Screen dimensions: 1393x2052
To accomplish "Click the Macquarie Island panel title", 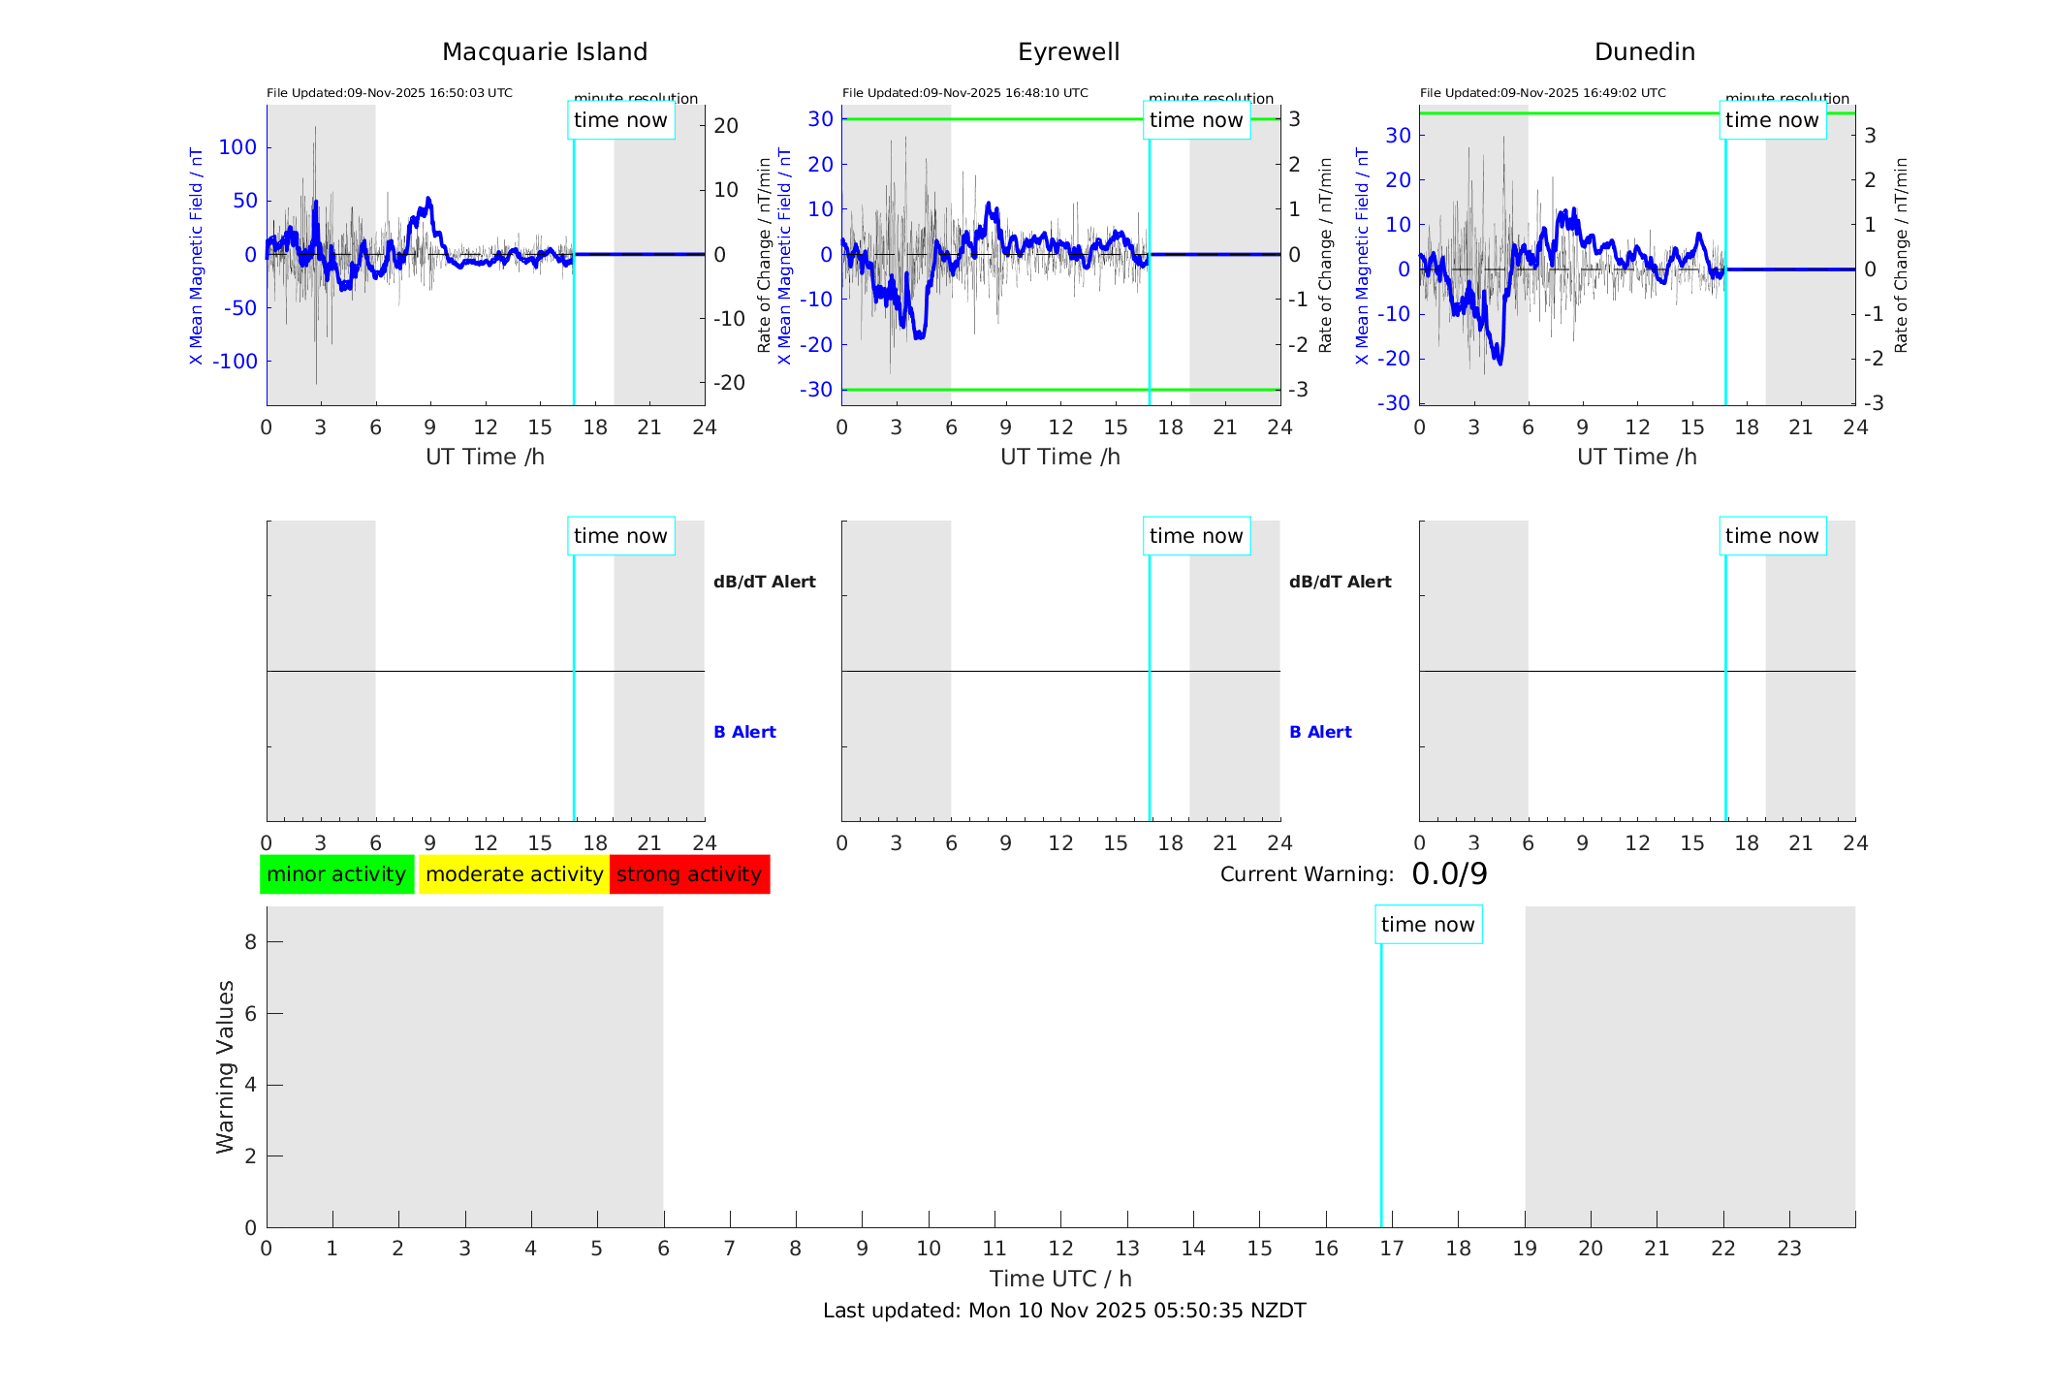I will click(544, 52).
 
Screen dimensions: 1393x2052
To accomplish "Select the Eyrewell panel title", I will click(1068, 52).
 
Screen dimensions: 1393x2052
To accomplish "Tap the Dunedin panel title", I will click(1644, 52).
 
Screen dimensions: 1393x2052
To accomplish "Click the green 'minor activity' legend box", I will click(336, 874).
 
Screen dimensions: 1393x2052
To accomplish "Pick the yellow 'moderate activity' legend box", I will click(514, 874).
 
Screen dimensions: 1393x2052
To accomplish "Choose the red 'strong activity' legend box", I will click(689, 874).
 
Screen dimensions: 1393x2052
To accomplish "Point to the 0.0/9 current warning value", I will click(1449, 874).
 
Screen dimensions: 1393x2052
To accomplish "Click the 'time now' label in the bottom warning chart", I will click(1428, 925).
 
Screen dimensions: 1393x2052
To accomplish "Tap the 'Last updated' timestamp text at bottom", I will click(1064, 1311).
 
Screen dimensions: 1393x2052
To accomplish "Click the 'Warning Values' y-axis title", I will click(225, 1066).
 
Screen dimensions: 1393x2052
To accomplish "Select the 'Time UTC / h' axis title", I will click(1060, 1279).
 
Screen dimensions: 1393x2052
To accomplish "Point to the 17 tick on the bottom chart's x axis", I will click(1392, 1249).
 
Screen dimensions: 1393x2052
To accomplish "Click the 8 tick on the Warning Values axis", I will click(251, 941).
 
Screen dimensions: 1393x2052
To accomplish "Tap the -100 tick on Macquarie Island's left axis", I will click(236, 362).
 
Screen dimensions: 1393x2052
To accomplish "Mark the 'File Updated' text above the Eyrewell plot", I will click(964, 93).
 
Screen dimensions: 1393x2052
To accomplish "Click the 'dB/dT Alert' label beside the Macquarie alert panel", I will click(764, 582).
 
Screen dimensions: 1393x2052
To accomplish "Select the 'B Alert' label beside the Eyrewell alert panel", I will click(1320, 732).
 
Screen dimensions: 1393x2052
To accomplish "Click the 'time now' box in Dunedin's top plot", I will click(1772, 120).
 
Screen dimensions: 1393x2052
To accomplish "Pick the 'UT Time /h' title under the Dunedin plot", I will click(1636, 457).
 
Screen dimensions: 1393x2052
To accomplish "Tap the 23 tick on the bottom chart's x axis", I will click(1789, 1249).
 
